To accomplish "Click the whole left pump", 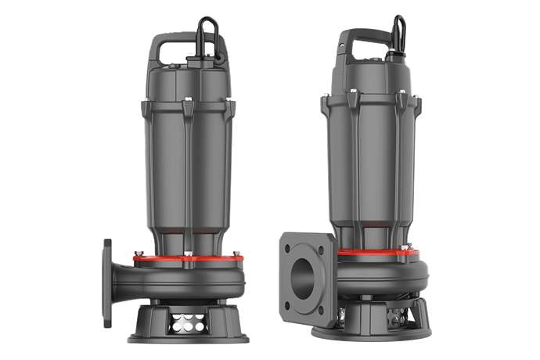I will tap(176, 196).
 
